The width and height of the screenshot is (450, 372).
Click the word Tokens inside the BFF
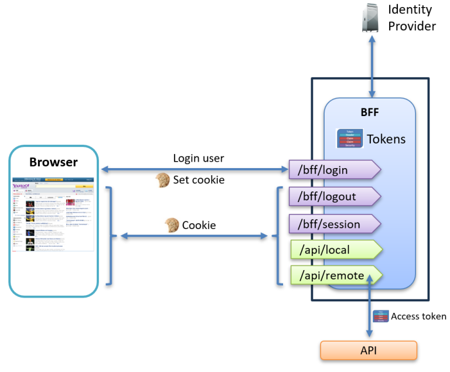(x=386, y=139)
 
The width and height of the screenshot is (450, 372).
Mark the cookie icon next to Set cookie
(x=162, y=180)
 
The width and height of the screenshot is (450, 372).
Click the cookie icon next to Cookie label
(x=172, y=224)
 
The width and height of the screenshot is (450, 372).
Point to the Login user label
(x=199, y=158)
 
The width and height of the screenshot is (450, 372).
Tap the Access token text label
(x=418, y=316)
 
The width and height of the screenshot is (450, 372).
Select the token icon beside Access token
(x=380, y=316)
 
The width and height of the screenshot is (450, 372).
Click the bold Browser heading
(x=53, y=162)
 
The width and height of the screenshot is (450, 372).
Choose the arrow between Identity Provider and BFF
(x=371, y=64)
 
